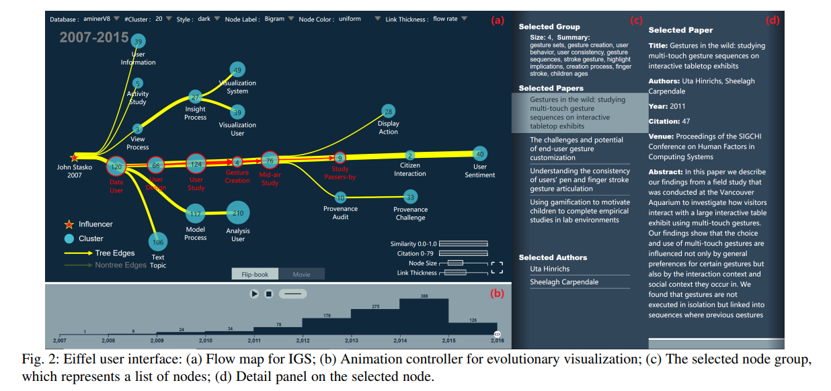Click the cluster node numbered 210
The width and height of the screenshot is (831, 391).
238,213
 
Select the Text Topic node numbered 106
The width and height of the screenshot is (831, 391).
158,242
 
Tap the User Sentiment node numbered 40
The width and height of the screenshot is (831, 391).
479,154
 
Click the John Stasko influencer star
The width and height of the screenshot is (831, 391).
74,157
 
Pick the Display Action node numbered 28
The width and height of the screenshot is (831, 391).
388,111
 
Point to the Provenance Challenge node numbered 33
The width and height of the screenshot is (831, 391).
410,197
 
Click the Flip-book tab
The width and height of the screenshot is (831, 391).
255,274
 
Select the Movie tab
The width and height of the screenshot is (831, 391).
301,274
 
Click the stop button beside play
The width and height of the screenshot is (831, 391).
268,294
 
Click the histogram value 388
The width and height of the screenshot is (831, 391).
424,296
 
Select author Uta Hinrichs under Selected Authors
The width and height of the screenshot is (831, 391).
549,269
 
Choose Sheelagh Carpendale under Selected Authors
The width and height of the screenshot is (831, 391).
563,282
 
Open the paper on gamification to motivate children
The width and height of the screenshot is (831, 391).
579,211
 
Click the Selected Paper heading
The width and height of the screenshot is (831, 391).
680,30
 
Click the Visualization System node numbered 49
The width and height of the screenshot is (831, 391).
237,70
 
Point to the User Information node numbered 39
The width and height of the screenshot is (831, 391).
138,42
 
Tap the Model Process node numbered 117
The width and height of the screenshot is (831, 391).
196,214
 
